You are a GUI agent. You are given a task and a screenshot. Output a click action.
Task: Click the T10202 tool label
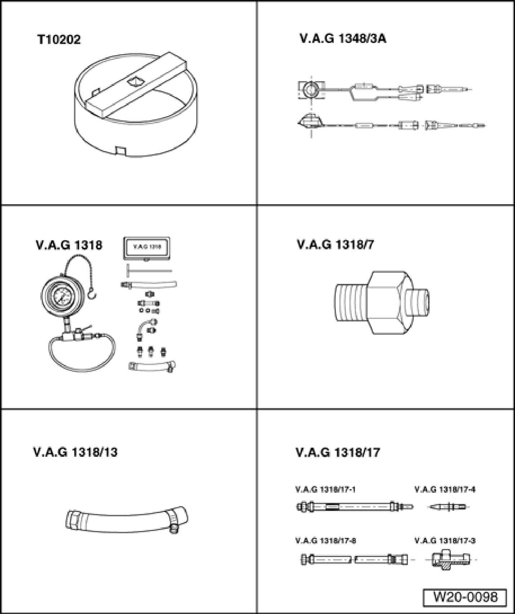click(59, 39)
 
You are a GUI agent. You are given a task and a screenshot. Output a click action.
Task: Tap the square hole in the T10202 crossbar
click(135, 82)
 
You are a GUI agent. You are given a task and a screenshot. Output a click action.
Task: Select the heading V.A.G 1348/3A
click(343, 39)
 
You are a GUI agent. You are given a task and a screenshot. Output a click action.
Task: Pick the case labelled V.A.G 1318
click(146, 248)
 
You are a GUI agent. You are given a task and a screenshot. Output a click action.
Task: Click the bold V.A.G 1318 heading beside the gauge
click(69, 245)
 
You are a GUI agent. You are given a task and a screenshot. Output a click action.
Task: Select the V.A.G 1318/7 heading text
click(335, 245)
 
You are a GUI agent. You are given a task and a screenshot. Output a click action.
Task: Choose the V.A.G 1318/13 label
click(75, 452)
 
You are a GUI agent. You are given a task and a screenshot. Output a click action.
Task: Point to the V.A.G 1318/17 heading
click(338, 452)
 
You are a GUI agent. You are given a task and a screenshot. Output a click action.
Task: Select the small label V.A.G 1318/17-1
click(325, 490)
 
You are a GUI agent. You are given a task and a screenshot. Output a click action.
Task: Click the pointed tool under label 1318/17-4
click(448, 507)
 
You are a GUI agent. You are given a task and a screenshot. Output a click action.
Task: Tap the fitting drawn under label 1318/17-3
click(449, 560)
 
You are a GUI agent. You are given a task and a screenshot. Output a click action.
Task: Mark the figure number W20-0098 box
click(465, 597)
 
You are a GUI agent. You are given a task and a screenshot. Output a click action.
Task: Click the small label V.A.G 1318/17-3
click(445, 540)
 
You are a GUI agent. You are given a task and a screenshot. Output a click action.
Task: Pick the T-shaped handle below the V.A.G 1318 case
click(148, 271)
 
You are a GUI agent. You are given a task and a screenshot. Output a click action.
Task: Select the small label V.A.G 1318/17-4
click(445, 490)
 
